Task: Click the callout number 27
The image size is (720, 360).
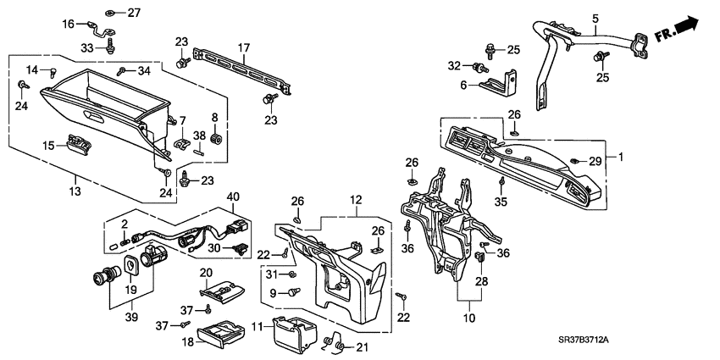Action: [136, 13]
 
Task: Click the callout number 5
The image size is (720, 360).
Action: [595, 18]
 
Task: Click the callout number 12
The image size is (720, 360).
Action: [356, 200]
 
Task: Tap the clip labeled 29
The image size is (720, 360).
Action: [573, 160]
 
